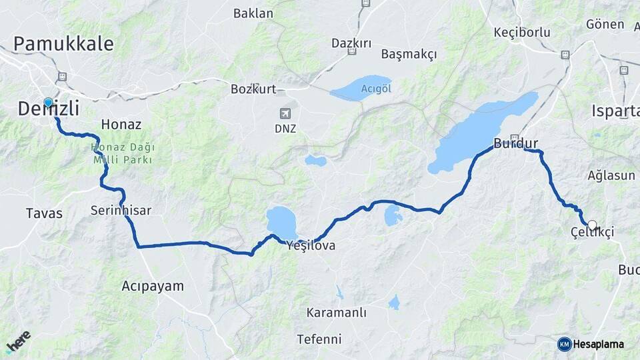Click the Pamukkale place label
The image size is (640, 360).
(x=63, y=44)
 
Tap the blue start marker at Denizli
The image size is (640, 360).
(x=48, y=103)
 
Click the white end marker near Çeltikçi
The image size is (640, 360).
(x=592, y=225)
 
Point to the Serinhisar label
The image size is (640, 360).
(x=121, y=211)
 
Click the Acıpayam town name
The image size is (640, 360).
(x=152, y=286)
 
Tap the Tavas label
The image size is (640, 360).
(x=44, y=213)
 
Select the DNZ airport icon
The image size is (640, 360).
(x=286, y=113)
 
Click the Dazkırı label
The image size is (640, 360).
(x=351, y=43)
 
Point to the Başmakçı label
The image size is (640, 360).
(x=409, y=53)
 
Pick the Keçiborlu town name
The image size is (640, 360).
(x=521, y=32)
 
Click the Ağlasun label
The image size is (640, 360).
(x=611, y=175)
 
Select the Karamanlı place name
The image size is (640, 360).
(x=337, y=313)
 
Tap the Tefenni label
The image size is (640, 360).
(x=319, y=339)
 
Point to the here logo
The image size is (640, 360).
(x=19, y=341)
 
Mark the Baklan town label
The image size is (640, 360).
(x=253, y=13)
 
